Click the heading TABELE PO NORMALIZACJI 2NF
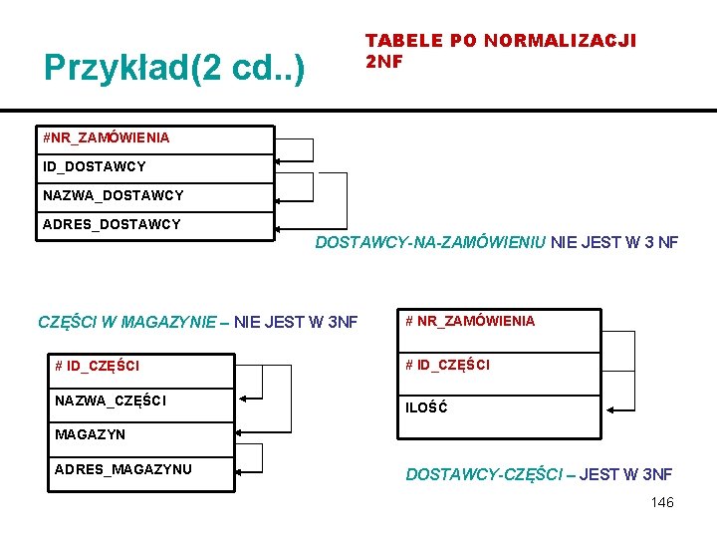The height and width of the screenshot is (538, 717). coord(500,50)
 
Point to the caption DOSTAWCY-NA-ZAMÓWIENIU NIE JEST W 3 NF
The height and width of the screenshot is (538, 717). coord(496,242)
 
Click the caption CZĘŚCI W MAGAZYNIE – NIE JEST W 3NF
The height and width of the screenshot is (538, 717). coord(197,322)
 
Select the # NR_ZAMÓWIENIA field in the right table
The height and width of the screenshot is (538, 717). coord(470,321)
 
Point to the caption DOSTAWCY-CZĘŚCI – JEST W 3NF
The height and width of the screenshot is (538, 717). coord(539,474)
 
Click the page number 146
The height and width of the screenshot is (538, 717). coord(662,502)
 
